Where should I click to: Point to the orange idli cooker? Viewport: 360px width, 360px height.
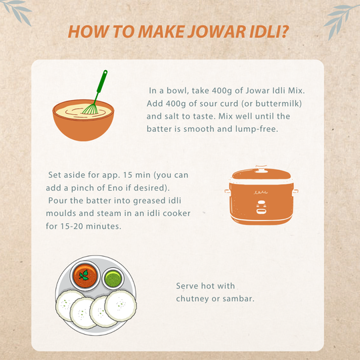point(261,197)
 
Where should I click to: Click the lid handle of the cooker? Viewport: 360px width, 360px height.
point(261,168)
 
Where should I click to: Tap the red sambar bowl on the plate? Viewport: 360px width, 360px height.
point(85,276)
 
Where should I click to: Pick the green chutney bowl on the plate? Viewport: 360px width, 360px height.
point(114,277)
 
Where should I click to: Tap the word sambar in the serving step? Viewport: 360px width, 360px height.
point(238,298)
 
